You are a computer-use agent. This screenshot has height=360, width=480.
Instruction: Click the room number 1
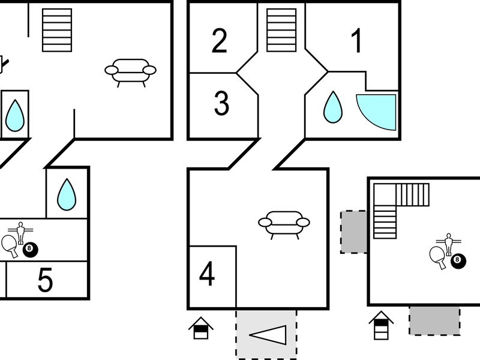pos(356,40)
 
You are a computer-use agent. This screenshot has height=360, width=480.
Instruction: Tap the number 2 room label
pos(220,41)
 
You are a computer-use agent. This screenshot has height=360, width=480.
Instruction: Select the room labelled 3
pos(221,103)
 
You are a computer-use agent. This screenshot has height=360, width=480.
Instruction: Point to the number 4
pos(207,274)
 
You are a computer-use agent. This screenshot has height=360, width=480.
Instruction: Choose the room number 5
pos(46,280)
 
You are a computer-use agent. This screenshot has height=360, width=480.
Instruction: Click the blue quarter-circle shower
pos(376,112)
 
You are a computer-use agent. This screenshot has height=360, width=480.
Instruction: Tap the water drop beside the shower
pos(333,107)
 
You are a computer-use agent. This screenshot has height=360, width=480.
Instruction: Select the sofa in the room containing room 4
pos(284,224)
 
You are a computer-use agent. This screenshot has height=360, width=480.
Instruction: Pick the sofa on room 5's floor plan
pos(131,73)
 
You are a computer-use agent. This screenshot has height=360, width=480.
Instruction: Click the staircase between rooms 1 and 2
pos(281,30)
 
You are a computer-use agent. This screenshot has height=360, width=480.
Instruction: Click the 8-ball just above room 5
pos(31,250)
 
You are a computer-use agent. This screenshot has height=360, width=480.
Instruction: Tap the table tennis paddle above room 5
pos(10,246)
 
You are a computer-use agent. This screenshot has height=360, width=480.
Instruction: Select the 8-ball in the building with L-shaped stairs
pos(458,261)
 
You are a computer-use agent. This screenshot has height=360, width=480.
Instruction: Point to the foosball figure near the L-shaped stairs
pos(448,244)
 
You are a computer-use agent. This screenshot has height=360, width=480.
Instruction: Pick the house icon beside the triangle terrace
pos(201,328)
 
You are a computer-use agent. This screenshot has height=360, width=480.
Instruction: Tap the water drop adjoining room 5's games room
pos(67,194)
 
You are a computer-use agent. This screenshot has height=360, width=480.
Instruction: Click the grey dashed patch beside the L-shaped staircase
pos(354,232)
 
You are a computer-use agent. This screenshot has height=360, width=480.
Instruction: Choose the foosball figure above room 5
pos(20,233)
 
